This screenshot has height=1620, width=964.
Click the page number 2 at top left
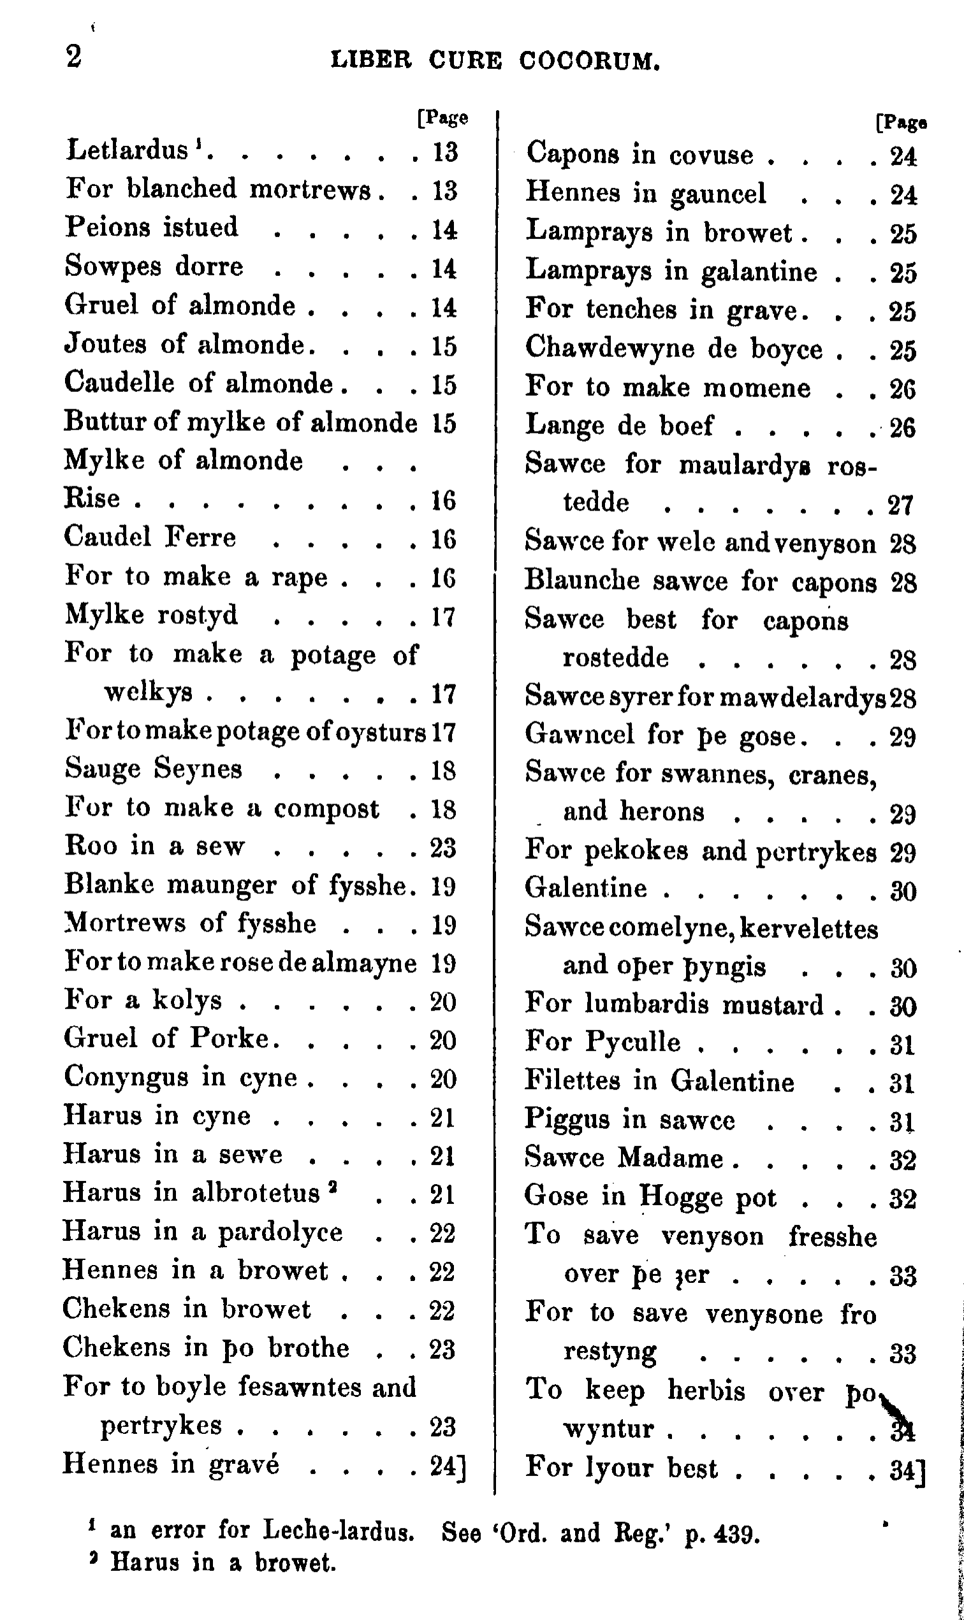(x=74, y=57)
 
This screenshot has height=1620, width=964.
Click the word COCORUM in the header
(x=589, y=61)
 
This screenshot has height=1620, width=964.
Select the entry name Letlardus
(x=128, y=150)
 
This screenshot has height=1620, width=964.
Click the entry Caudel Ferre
(x=150, y=538)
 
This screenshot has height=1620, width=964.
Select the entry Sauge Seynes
(x=153, y=769)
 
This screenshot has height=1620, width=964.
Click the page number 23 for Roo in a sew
(x=443, y=848)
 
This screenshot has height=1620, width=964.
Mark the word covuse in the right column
(x=711, y=156)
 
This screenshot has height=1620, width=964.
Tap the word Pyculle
(x=633, y=1042)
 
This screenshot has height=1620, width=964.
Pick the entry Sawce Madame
(x=624, y=1159)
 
